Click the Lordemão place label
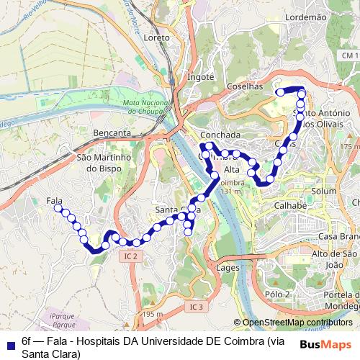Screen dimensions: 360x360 [x=306, y=16]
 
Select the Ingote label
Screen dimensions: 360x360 [x=200, y=76]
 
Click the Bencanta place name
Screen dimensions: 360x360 [x=112, y=133]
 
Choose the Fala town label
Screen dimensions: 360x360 [x=53, y=200]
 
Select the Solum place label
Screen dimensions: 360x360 [x=324, y=191]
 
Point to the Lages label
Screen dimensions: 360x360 [x=228, y=267]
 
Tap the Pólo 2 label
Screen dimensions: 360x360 [x=276, y=294]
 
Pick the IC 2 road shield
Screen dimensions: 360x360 [x=130, y=256]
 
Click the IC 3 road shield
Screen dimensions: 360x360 [x=197, y=307]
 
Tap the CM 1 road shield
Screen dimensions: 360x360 [x=350, y=56]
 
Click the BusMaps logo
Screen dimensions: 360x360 [x=325, y=344]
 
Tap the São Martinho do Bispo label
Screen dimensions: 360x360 [x=102, y=162]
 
